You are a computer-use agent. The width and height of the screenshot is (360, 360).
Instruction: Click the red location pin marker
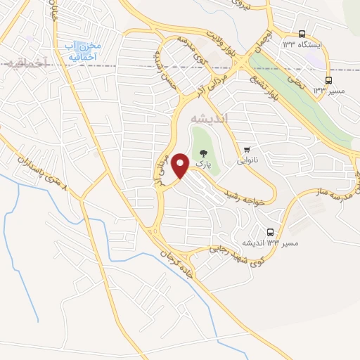click(x=181, y=166)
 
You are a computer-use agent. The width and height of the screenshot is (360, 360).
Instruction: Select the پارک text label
click(x=202, y=164)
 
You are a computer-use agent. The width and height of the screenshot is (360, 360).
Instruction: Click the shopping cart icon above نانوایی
click(x=247, y=149)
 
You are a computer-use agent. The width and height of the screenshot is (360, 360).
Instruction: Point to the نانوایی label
click(x=247, y=160)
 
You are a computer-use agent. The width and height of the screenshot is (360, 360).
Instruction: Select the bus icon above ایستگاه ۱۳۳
click(x=302, y=34)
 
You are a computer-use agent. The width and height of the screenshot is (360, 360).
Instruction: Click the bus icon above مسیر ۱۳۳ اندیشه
click(x=271, y=232)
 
